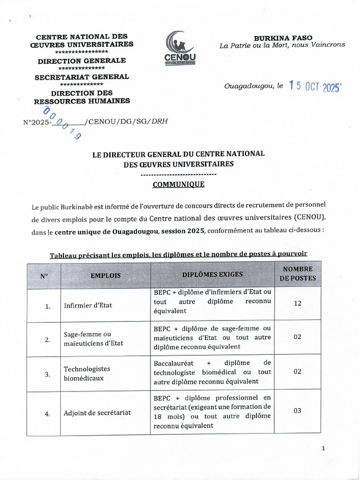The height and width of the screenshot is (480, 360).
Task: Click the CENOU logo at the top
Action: pyautogui.click(x=180, y=48)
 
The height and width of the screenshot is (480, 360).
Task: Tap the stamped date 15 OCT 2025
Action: pyautogui.click(x=315, y=87)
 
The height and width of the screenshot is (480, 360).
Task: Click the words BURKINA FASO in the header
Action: pyautogui.click(x=283, y=37)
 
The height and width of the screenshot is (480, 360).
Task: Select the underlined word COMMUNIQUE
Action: pyautogui.click(x=178, y=184)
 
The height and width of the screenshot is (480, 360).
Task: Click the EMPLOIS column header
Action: pyautogui.click(x=105, y=276)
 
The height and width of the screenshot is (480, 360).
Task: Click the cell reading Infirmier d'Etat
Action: pyautogui.click(x=88, y=306)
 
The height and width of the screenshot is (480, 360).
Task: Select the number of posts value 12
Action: pyautogui.click(x=298, y=303)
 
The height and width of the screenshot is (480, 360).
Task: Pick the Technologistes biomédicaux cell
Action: pyautogui.click(x=87, y=373)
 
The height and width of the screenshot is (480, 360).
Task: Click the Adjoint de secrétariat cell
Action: pyautogui.click(x=97, y=413)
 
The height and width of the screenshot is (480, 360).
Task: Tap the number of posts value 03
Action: pyautogui.click(x=297, y=411)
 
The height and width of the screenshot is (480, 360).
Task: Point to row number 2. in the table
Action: pyautogui.click(x=47, y=340)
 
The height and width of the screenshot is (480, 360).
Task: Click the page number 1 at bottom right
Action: pyautogui.click(x=323, y=448)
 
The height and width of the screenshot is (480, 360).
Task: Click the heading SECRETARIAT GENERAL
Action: pyautogui.click(x=82, y=77)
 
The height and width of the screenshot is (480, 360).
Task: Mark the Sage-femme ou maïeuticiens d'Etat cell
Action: pyautogui.click(x=93, y=338)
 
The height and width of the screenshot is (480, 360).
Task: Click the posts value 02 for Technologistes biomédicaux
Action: pyautogui.click(x=297, y=371)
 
